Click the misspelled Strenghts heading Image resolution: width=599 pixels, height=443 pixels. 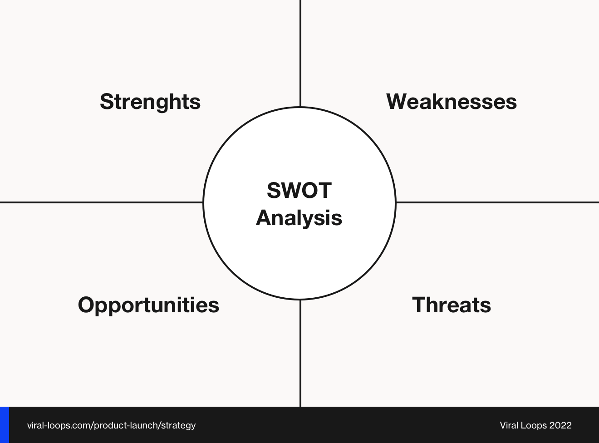pos(150,101)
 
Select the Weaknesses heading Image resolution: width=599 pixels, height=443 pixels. pos(451,101)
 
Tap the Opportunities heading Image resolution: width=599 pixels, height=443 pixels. pos(148,305)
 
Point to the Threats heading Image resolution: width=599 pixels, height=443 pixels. pos(451,305)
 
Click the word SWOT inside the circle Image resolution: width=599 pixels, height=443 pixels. pos(299,190)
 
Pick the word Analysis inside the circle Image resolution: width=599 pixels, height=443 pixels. pos(299,218)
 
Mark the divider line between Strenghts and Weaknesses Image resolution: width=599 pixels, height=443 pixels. pos(300,52)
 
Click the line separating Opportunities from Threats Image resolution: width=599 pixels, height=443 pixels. pos(300,354)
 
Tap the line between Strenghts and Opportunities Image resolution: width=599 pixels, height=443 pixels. pos(100,202)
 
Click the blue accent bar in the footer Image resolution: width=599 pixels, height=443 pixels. pos(5,425)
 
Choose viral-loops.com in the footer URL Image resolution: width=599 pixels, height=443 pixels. pos(59,426)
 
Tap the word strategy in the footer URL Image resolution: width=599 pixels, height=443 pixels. pos(178,426)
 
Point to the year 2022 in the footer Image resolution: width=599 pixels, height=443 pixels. pos(560,426)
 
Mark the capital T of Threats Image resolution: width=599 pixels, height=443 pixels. pos(418,305)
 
